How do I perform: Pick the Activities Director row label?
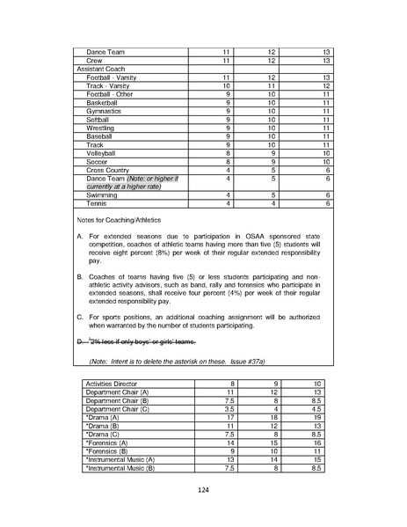click(113, 384)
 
